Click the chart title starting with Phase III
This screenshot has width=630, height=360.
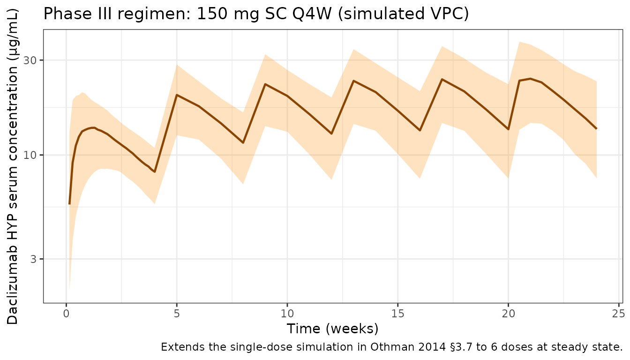(256, 14)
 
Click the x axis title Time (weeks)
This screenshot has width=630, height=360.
(333, 329)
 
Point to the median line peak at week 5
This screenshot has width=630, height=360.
(177, 95)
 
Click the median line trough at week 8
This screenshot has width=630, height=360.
(243, 142)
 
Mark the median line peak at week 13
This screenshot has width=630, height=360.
(353, 81)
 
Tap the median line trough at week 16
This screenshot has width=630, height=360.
(420, 130)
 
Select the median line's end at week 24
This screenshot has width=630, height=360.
(596, 128)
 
